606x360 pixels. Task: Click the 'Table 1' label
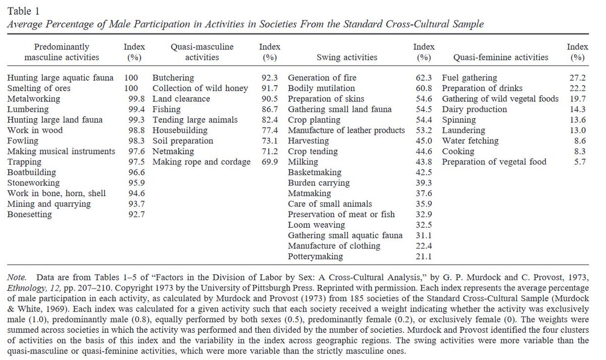pyautogui.click(x=23, y=10)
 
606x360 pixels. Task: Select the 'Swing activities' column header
pyautogui.click(x=346, y=57)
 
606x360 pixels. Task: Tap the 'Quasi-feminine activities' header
pyautogui.click(x=500, y=57)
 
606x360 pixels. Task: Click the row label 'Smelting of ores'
pyautogui.click(x=39, y=88)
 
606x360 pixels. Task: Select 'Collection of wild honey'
pyautogui.click(x=200, y=88)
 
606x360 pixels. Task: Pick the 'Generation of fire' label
pyautogui.click(x=322, y=78)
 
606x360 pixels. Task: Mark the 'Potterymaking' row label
pyautogui.click(x=315, y=256)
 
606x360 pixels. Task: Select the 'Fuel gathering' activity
pyautogui.click(x=470, y=78)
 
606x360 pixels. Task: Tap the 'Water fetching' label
pyautogui.click(x=470, y=141)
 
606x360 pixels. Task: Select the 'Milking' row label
pyautogui.click(x=303, y=162)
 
